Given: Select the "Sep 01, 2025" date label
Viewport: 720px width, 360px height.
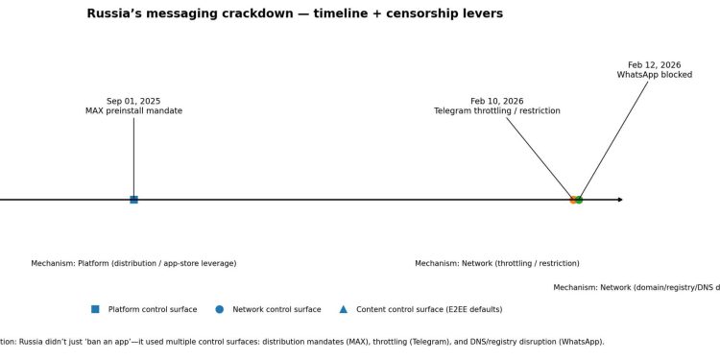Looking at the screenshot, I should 133,101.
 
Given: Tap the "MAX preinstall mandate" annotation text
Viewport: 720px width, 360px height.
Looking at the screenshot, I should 133,111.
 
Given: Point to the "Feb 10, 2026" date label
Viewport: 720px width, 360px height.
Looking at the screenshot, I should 497,101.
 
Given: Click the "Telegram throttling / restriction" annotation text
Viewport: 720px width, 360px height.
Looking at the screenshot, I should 497,111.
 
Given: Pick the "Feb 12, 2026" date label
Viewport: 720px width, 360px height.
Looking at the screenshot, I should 655,65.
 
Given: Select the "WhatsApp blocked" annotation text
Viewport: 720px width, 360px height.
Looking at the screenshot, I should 655,75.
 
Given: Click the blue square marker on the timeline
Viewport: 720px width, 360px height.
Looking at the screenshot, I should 133,200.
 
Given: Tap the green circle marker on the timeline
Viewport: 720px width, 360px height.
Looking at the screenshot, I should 579,200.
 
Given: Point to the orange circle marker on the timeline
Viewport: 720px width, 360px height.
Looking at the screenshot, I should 572,200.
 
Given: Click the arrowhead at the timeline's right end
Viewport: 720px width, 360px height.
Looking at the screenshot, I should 620,200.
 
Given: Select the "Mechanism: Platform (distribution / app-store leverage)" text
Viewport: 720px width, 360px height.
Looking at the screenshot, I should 133,263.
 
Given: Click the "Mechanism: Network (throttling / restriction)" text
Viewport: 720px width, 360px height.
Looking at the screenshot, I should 497,263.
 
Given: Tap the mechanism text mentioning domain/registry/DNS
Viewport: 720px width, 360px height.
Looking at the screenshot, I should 636,287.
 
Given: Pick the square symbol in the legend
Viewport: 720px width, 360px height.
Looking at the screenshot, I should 95,309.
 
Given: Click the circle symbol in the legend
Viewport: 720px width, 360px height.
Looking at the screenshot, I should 219,309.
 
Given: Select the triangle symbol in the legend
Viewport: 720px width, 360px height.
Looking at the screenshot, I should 343,309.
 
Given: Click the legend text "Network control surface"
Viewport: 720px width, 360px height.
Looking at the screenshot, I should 276,309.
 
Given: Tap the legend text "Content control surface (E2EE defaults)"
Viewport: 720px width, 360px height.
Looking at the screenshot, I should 429,309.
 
